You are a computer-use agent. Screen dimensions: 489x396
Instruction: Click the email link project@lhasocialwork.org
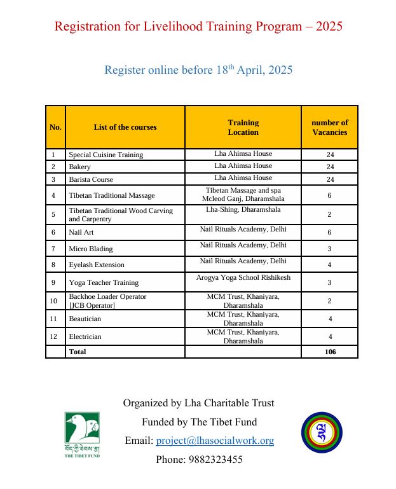click(x=215, y=440)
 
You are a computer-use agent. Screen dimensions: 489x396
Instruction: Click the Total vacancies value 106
click(x=329, y=351)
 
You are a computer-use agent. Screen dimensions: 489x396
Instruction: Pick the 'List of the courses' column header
click(x=125, y=127)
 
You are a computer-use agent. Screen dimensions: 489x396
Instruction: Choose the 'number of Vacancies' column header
click(x=329, y=127)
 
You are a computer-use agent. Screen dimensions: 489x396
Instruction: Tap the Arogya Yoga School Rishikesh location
click(x=243, y=277)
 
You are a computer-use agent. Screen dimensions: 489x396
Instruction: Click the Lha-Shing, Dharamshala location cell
click(x=243, y=209)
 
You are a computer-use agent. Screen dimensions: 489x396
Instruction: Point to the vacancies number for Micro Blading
click(x=329, y=248)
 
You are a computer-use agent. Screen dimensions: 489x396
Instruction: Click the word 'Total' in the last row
click(x=78, y=351)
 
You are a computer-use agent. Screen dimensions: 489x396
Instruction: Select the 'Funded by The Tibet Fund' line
click(x=199, y=422)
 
